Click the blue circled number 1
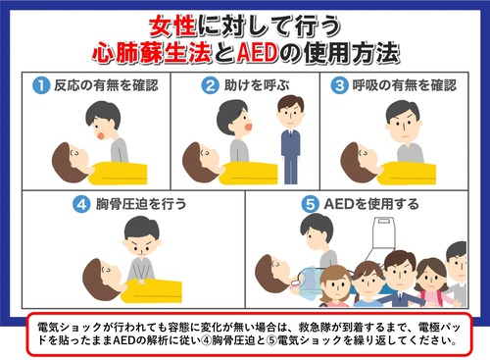coord(41,85)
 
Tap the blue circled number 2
coord(210,85)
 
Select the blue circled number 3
coord(340,85)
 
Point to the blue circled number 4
coord(81,204)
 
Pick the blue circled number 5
coord(310,204)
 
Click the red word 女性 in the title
coord(172,26)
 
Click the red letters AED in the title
coord(258,52)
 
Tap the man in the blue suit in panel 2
coord(290,139)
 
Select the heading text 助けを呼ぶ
coord(257,85)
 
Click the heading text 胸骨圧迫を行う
coord(141,204)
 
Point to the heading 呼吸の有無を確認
coord(405,85)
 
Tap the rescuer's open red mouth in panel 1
coord(101,134)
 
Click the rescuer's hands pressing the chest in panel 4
coord(142,281)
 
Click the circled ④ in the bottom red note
coord(206,340)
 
